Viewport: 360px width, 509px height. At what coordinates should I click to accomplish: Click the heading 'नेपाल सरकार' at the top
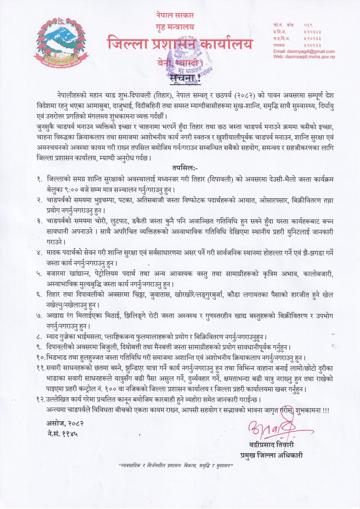[175, 15]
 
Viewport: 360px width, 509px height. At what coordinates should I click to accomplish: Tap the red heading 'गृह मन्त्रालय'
[175, 27]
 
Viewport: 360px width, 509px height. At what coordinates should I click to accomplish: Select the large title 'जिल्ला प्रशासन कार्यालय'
[180, 44]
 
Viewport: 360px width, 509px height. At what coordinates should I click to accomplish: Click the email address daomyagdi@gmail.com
[304, 51]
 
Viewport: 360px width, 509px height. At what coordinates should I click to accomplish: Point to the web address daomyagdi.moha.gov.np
[304, 57]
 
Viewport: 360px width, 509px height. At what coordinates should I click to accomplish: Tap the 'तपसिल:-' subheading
[185, 168]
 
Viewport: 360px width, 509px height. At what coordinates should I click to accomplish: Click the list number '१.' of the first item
[39, 179]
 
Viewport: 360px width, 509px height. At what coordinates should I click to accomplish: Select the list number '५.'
[39, 274]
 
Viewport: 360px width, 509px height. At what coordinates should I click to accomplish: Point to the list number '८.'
[39, 337]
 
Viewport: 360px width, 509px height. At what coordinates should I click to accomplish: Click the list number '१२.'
[41, 399]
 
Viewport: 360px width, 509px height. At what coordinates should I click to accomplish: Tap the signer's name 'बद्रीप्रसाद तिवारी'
[272, 445]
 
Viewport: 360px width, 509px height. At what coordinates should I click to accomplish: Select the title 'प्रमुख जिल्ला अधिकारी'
[272, 455]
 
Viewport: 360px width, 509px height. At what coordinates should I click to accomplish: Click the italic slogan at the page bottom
[176, 466]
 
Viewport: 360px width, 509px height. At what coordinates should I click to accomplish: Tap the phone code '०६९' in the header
[308, 25]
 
